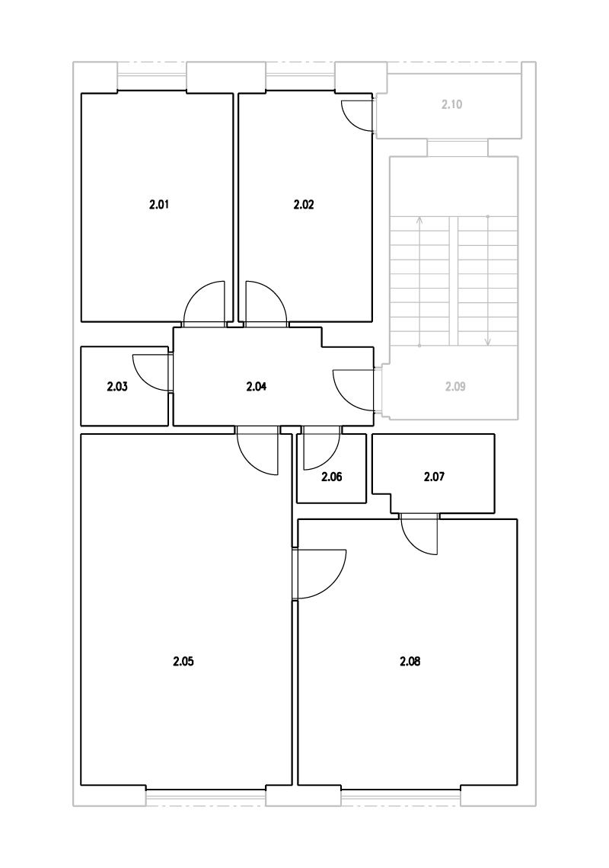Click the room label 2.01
(159, 205)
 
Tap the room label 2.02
(304, 205)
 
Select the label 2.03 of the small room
(116, 386)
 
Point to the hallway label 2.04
(257, 386)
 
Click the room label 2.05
(183, 661)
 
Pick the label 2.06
(332, 477)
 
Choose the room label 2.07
(434, 477)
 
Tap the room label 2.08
(410, 661)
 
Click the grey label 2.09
(455, 386)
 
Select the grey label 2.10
(451, 104)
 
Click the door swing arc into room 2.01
(204, 302)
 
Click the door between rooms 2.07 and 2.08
(419, 535)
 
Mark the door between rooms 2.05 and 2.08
(320, 575)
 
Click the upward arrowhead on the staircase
(419, 220)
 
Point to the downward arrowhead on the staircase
(488, 342)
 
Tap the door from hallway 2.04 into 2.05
(257, 452)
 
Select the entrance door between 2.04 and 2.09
(354, 391)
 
